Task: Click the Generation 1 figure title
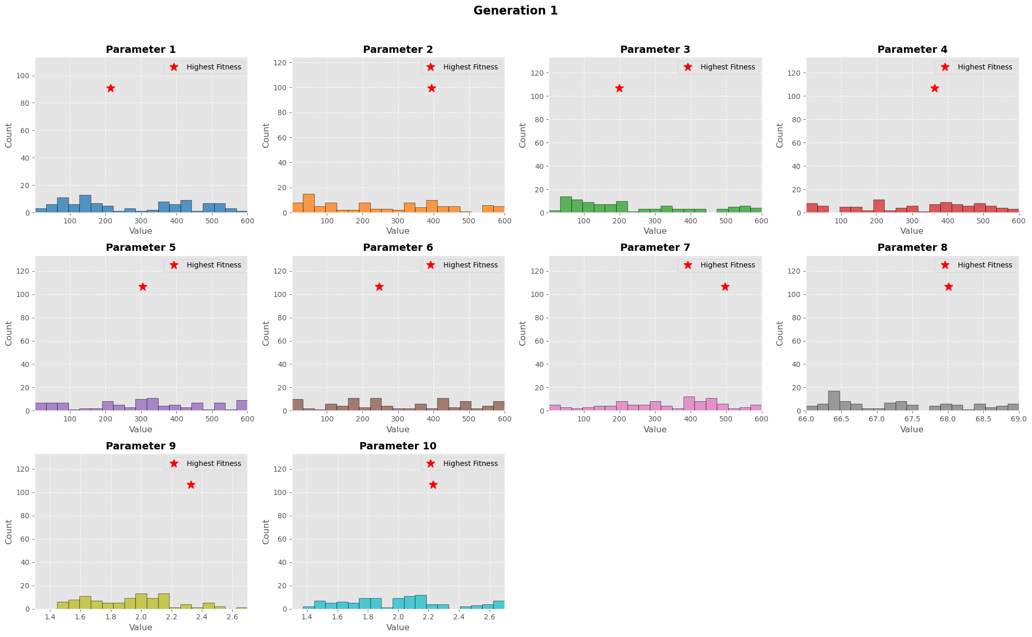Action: [515, 10]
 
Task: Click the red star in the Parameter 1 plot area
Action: [110, 88]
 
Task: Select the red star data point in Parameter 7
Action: [725, 287]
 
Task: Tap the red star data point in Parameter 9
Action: [191, 485]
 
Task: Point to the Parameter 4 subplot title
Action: [912, 50]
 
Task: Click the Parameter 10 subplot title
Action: [398, 446]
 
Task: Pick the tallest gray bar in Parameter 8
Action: [834, 401]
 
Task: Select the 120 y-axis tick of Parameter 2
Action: [284, 63]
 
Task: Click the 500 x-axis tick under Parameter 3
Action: [726, 221]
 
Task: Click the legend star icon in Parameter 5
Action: [174, 265]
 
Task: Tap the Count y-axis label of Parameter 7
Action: [523, 333]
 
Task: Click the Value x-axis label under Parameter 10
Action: [398, 628]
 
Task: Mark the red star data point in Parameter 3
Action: [619, 88]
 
